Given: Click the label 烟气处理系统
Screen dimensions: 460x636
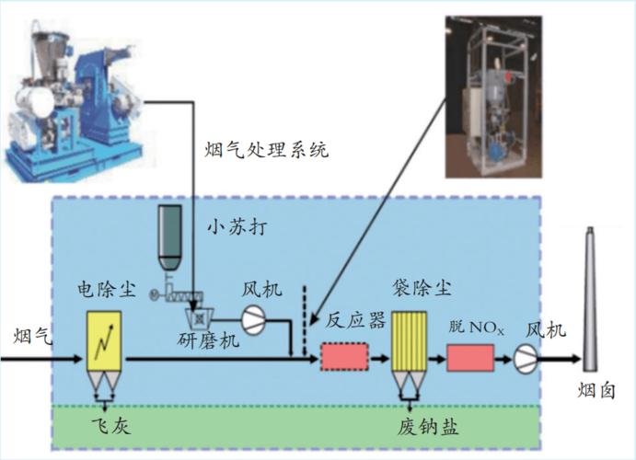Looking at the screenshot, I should [266, 149].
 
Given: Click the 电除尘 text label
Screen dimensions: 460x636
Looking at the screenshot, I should [107, 292].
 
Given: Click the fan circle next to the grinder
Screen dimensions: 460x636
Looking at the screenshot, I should [253, 317].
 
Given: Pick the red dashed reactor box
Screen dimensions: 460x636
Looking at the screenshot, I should [343, 356].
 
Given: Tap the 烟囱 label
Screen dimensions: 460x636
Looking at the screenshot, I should [597, 392].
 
